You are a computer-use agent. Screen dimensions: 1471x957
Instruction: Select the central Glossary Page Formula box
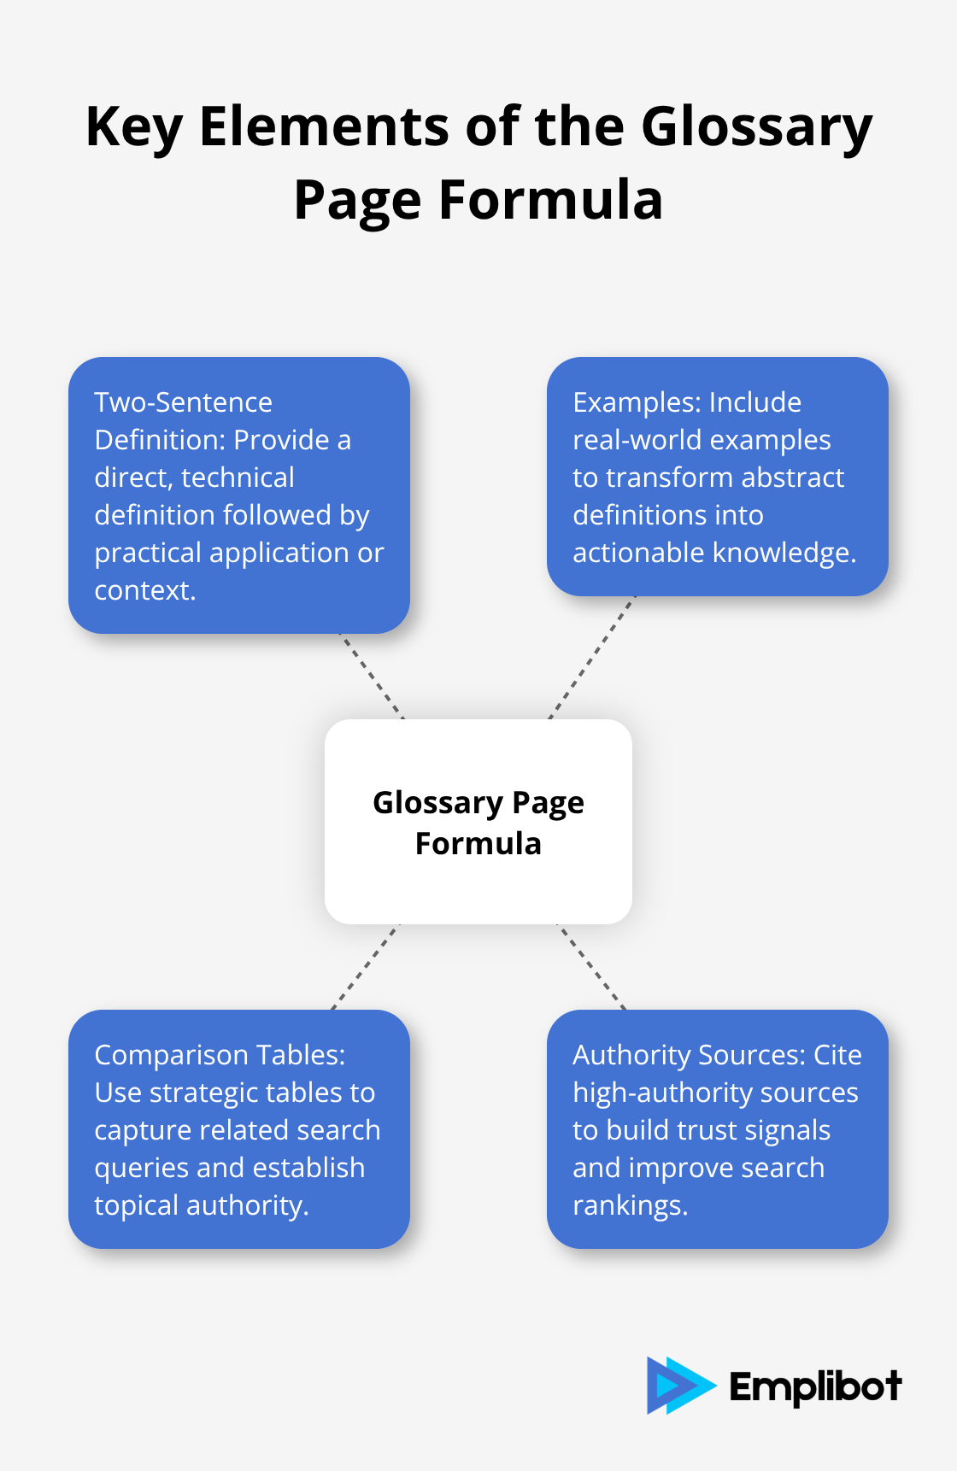[478, 821]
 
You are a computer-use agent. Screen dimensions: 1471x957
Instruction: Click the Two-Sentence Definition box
[239, 495]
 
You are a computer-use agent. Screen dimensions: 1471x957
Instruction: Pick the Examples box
[718, 477]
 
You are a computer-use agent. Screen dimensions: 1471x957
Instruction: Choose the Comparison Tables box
[239, 1129]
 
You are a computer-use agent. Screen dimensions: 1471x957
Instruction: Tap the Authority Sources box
[718, 1129]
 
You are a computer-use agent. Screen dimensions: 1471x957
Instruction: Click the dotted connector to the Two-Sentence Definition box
[373, 677]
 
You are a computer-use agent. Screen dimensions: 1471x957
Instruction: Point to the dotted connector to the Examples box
[591, 658]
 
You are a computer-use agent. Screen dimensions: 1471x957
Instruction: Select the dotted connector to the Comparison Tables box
[366, 967]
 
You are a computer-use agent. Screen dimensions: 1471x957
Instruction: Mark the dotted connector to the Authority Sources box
[591, 967]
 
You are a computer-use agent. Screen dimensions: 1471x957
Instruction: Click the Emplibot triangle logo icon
[679, 1385]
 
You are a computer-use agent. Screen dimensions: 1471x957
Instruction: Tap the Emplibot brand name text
[815, 1386]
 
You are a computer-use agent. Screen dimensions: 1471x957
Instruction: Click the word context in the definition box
[144, 590]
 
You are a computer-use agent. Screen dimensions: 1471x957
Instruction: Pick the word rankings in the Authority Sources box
[629, 1205]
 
